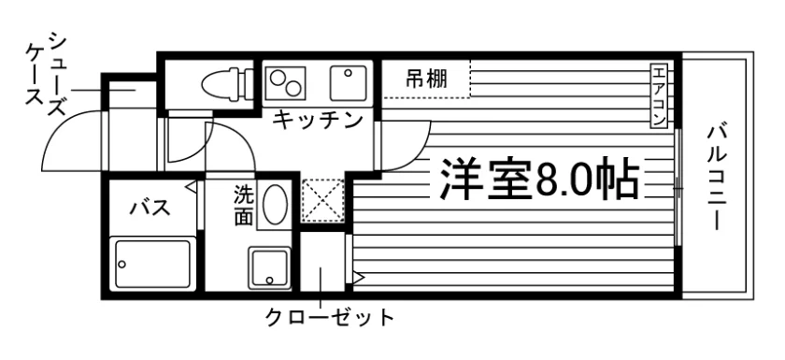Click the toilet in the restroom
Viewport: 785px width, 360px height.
pyautogui.click(x=228, y=81)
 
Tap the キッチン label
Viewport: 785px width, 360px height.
pyautogui.click(x=318, y=121)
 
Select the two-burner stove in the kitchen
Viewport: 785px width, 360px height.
pyautogui.click(x=285, y=82)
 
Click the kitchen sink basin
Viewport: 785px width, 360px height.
pyautogui.click(x=348, y=82)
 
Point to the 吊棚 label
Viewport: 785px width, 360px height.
pyautogui.click(x=426, y=79)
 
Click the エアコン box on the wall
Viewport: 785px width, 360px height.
pyautogui.click(x=658, y=95)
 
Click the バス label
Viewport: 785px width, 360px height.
pyautogui.click(x=150, y=207)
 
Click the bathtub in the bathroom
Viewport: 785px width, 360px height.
pyautogui.click(x=152, y=264)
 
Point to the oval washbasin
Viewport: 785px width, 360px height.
pyautogui.click(x=275, y=204)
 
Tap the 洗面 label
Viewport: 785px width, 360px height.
pyautogui.click(x=244, y=206)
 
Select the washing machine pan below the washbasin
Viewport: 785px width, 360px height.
pyautogui.click(x=269, y=268)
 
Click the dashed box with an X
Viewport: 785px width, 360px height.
pyautogui.click(x=323, y=200)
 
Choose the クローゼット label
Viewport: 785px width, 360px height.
pyautogui.click(x=330, y=317)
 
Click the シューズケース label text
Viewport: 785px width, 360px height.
pyautogui.click(x=47, y=73)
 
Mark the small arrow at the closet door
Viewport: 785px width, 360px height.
pyautogui.click(x=359, y=277)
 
